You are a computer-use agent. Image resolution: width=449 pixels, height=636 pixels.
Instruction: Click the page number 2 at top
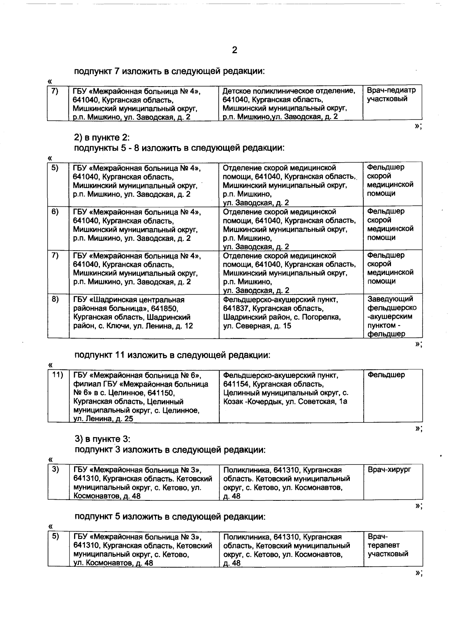coord(235,50)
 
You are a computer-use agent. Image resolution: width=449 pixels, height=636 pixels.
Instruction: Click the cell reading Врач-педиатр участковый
coord(391,95)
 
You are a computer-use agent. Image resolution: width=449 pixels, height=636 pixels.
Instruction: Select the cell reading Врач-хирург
coord(390,470)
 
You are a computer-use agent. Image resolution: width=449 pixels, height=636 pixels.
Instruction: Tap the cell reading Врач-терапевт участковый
coord(388,545)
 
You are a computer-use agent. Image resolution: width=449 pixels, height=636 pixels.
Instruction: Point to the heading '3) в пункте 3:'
coord(102,439)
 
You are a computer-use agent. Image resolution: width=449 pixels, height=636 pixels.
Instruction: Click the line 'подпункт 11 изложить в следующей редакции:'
coord(172,355)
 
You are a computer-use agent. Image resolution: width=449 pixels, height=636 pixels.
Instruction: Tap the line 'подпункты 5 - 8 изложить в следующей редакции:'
coord(179,148)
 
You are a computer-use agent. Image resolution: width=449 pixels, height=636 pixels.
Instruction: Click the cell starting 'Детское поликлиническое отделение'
coord(290,103)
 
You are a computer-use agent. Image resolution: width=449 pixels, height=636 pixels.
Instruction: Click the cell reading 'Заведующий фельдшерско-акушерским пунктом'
coord(392,317)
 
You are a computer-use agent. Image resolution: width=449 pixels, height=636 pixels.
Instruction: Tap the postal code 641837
coord(234,309)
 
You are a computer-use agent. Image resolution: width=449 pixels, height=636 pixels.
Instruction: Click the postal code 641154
coord(234,384)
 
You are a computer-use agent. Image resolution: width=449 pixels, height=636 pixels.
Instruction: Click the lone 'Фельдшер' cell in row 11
coord(386,375)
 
